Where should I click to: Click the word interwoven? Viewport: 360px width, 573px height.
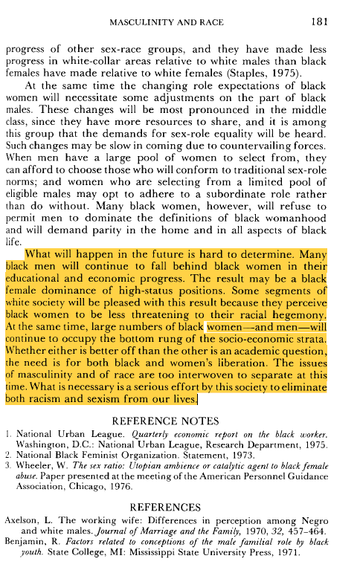click(x=202, y=375)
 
